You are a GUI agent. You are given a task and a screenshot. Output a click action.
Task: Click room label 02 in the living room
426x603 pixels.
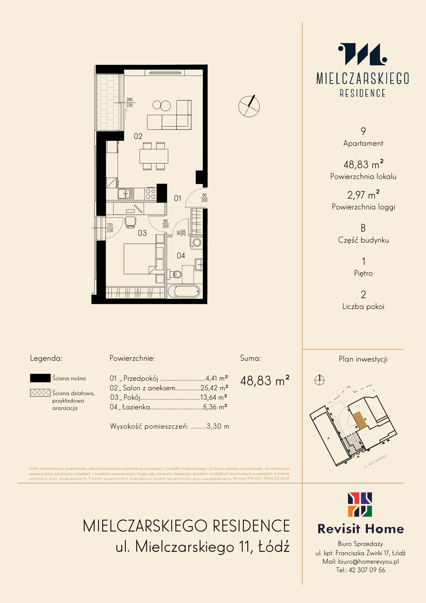click(x=138, y=136)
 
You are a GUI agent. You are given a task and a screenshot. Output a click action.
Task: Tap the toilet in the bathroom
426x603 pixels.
click(x=176, y=274)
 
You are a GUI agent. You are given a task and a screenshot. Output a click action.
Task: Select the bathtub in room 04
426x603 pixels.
click(x=184, y=292)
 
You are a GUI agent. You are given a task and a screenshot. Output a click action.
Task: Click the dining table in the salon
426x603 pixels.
click(x=153, y=156)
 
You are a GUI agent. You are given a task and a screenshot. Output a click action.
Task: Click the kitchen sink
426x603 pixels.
click(x=126, y=194)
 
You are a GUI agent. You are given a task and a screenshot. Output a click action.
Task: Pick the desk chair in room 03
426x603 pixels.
click(x=130, y=222)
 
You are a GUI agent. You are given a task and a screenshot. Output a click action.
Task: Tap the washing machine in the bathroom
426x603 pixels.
click(x=196, y=243)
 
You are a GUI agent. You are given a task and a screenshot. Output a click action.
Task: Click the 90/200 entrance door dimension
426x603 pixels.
click(x=204, y=197)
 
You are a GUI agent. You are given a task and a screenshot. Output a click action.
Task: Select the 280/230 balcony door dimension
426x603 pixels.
click(x=130, y=102)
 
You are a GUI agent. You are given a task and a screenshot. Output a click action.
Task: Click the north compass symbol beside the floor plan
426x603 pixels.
click(x=249, y=106)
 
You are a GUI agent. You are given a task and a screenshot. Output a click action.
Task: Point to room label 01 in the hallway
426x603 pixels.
click(x=178, y=198)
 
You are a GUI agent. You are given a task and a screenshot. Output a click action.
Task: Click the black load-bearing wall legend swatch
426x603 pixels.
click(x=40, y=378)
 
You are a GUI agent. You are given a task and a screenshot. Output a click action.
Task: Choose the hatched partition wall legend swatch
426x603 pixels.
click(x=40, y=393)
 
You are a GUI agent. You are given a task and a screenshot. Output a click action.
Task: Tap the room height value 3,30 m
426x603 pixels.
click(x=218, y=426)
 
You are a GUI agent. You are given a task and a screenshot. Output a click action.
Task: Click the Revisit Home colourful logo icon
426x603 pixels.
click(x=360, y=505)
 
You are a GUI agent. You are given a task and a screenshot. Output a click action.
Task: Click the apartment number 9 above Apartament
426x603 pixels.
click(x=363, y=131)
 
